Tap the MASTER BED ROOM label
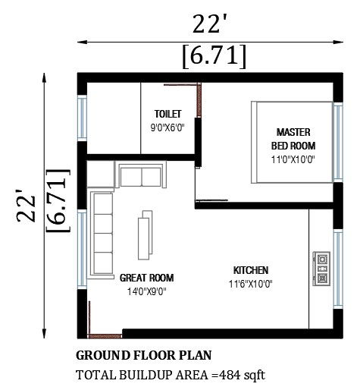[x=293, y=137]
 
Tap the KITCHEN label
[x=250, y=270]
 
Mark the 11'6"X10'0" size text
[x=250, y=285]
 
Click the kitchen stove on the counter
[x=321, y=267]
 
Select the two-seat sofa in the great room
[x=141, y=175]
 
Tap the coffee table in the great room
[x=143, y=238]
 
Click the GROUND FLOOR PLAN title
[x=144, y=355]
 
